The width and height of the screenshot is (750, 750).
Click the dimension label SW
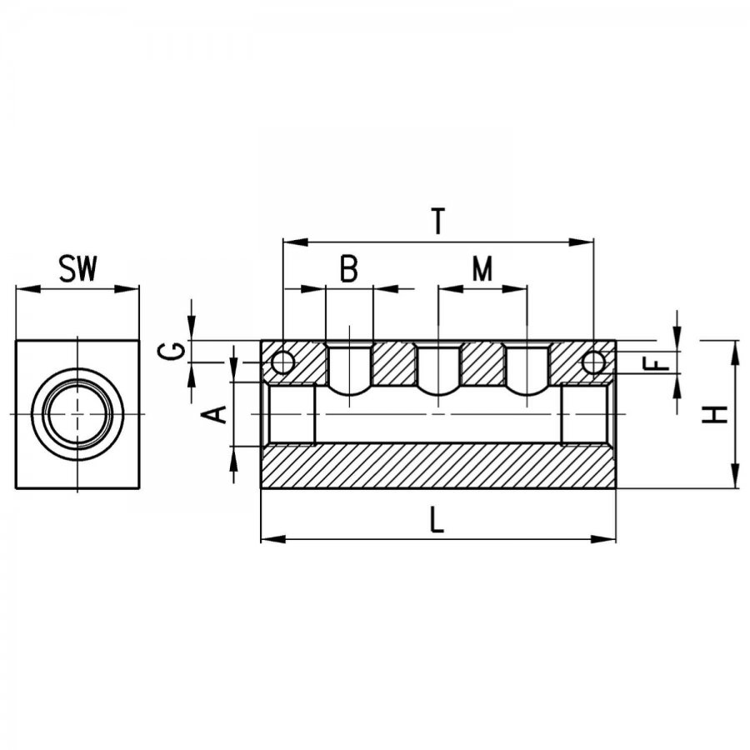(x=77, y=268)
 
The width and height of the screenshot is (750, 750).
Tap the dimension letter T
(x=437, y=221)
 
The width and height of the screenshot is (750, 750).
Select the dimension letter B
(x=348, y=268)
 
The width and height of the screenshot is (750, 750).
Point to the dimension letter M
(x=482, y=268)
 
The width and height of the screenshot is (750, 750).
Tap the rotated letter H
(x=715, y=414)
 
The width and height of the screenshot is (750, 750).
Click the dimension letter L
(x=437, y=520)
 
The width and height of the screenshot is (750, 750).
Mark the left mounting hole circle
(x=282, y=362)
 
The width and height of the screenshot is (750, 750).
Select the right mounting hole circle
(x=593, y=362)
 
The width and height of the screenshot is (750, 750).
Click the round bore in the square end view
(x=77, y=413)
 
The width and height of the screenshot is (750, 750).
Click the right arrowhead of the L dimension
(x=603, y=539)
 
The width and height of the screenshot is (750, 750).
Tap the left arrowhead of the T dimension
(x=295, y=242)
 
